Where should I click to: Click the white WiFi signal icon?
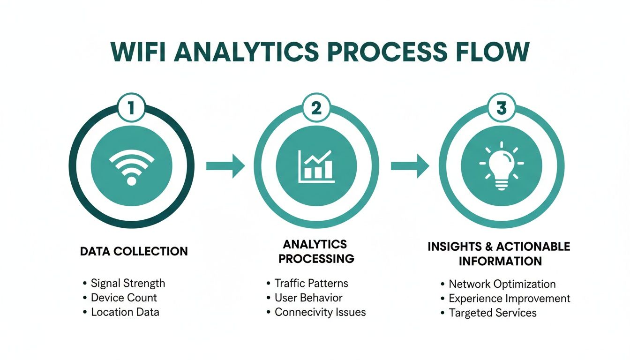pos(131,165)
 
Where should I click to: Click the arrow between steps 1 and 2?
pos(225,165)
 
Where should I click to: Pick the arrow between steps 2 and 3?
pos(410,165)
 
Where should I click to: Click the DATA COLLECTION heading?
pos(134,251)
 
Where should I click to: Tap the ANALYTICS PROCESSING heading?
pos(315,251)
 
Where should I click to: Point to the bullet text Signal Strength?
pos(127,283)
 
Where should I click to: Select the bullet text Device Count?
pos(124,298)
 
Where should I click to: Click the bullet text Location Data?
pos(125,312)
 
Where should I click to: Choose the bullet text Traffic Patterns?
pos(311,283)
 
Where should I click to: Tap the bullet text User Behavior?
pos(308,298)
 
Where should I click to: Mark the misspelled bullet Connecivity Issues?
pos(320,312)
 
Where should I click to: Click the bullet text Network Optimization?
pos(502,284)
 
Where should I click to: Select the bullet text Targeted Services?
pos(492,313)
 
